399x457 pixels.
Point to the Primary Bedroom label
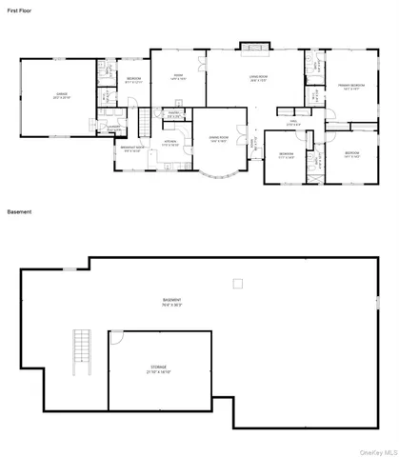click(351, 84)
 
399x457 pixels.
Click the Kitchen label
click(170, 143)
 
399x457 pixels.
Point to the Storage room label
click(158, 368)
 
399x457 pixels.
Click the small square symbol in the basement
click(238, 282)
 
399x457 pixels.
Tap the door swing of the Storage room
click(116, 339)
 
